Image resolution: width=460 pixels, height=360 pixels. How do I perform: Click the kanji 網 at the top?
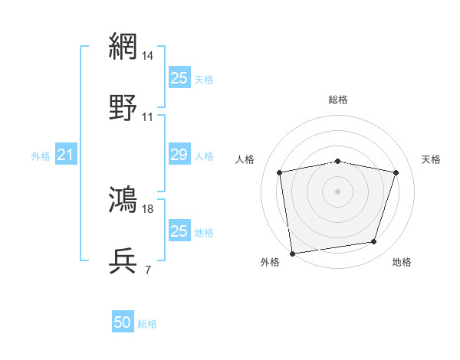[x=124, y=46]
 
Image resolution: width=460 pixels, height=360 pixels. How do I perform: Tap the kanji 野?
[x=124, y=108]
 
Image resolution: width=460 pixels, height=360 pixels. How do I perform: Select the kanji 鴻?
[x=124, y=199]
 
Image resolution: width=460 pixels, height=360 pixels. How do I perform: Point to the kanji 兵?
[x=124, y=261]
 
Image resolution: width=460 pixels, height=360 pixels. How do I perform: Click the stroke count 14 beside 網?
[x=149, y=55]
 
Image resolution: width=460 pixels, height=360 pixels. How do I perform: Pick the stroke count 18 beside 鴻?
[x=148, y=208]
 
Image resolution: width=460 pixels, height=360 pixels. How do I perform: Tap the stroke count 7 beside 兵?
[x=147, y=270]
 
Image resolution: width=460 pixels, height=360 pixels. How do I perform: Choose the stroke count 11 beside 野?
[x=148, y=117]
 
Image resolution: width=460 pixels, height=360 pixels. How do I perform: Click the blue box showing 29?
[x=179, y=155]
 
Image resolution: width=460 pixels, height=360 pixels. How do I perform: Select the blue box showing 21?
[x=65, y=155]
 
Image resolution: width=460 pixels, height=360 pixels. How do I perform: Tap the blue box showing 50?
[x=123, y=323]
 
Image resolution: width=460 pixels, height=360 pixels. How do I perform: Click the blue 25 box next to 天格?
[x=179, y=77]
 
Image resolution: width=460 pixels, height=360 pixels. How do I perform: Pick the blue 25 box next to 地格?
[x=179, y=231]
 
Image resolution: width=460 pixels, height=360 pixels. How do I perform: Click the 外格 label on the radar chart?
[x=270, y=263]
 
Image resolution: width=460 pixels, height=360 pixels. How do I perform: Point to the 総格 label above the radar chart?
[x=338, y=100]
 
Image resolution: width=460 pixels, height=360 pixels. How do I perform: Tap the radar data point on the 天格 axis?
[x=396, y=172]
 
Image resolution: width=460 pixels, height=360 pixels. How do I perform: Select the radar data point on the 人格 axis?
[x=280, y=172]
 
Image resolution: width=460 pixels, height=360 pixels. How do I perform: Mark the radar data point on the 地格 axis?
[x=374, y=242]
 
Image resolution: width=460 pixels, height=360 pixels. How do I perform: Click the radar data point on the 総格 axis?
[x=338, y=161]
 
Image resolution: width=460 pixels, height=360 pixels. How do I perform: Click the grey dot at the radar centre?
[x=338, y=191]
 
